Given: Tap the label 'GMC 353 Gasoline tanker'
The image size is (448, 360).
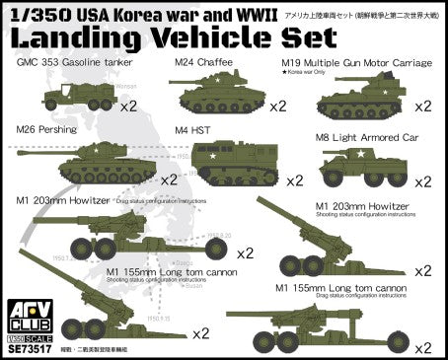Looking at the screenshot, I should point(75,63).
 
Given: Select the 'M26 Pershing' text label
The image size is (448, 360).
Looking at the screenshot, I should point(47,129).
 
